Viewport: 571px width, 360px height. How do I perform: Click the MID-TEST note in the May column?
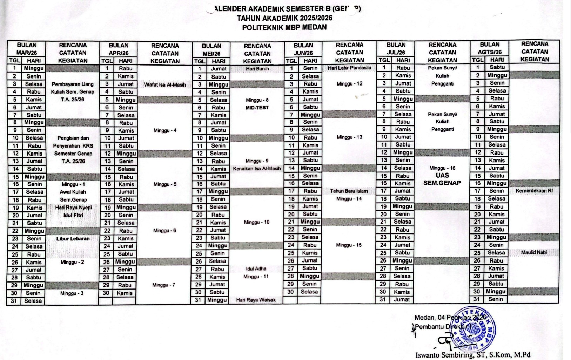257,108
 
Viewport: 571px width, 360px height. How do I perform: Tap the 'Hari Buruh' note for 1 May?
257,69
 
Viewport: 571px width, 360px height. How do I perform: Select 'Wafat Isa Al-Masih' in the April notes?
164,85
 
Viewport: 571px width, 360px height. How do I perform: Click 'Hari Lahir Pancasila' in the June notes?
349,68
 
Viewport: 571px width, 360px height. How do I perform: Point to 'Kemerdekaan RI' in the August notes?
534,191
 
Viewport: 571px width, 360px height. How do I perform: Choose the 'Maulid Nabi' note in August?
534,252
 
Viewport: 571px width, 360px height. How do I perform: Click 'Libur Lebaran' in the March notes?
73,239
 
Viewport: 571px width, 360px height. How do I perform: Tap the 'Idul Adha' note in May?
256,269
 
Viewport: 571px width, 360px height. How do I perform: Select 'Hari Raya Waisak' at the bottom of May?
256,300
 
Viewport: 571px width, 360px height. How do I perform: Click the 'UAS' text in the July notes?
442,175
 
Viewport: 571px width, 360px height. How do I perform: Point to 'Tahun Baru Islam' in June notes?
349,191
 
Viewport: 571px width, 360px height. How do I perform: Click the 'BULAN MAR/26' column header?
27,49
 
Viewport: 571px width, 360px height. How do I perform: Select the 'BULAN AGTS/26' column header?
489,48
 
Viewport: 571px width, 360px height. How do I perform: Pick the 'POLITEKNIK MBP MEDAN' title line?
284,27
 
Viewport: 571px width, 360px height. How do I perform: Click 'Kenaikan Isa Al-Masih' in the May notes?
257,169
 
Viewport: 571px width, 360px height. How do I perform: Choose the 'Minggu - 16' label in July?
442,168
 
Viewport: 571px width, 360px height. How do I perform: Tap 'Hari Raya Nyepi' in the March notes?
73,208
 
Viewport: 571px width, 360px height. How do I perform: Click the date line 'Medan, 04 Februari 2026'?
450,318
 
